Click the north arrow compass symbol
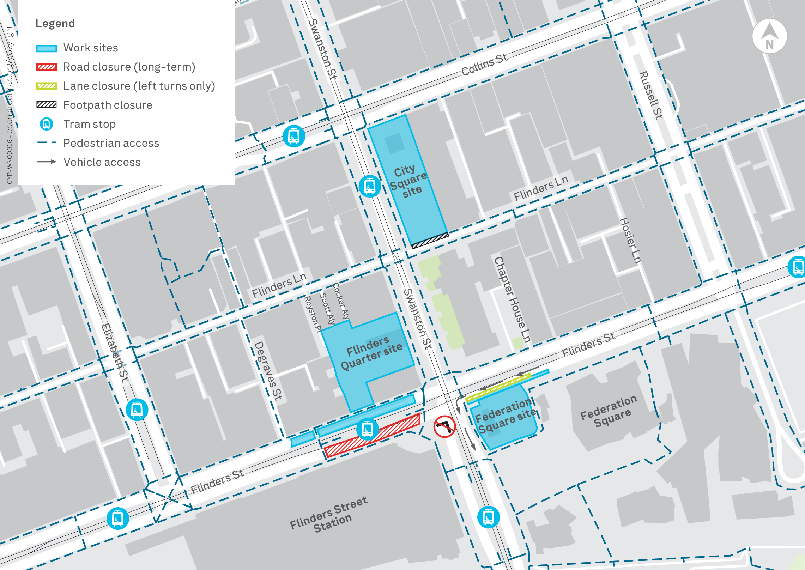[x=769, y=36]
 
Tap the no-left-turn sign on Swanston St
[x=444, y=426]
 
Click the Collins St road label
[x=484, y=64]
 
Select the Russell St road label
[x=651, y=95]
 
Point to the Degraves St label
[x=268, y=370]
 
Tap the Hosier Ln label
[x=630, y=240]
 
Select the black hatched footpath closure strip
[x=430, y=241]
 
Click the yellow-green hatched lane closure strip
[x=498, y=388]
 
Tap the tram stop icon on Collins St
[x=293, y=136]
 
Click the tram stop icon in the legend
[x=46, y=124]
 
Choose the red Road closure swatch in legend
[x=46, y=67]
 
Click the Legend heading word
[x=55, y=23]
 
